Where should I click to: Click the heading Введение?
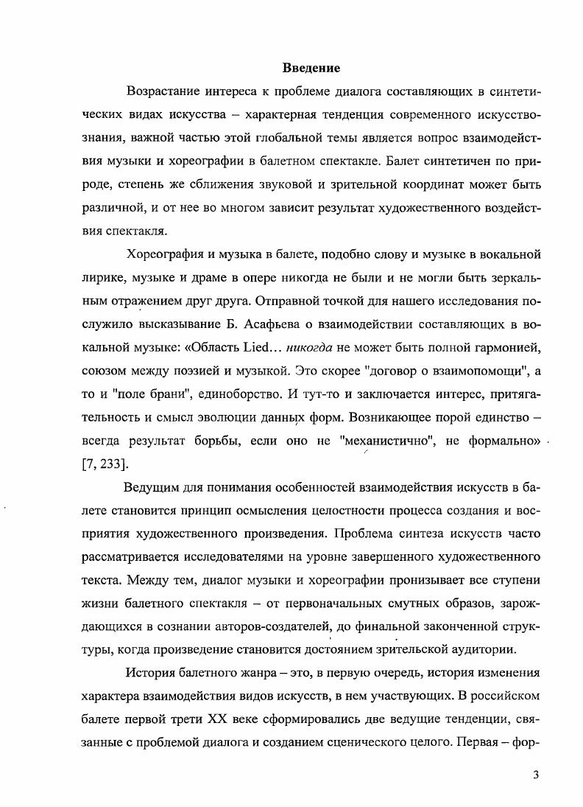click(x=311, y=69)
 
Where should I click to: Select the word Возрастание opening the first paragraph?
click(x=164, y=92)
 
